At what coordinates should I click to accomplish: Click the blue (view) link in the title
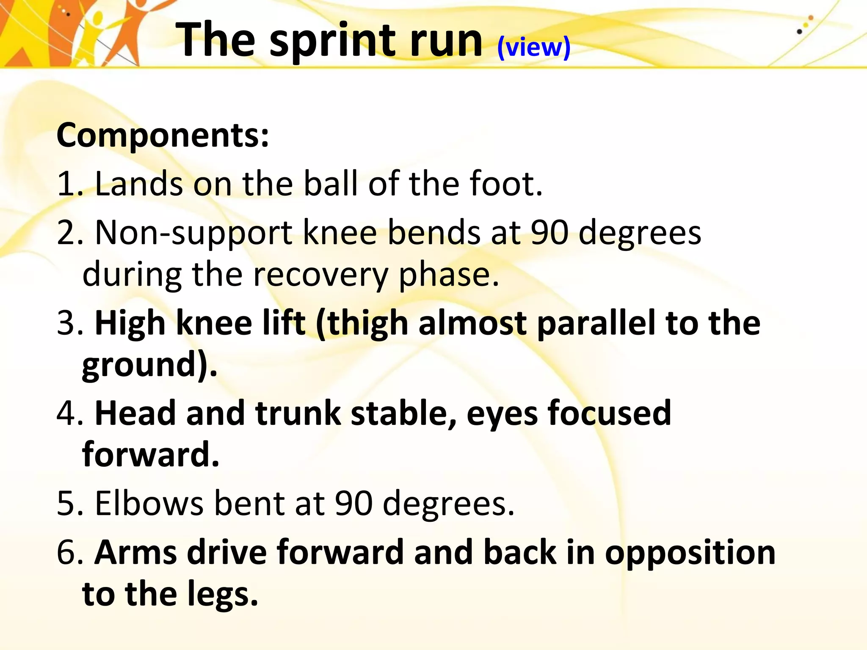click(x=534, y=47)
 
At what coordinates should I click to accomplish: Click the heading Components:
click(x=163, y=135)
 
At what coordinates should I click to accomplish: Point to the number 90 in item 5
click(x=353, y=504)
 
